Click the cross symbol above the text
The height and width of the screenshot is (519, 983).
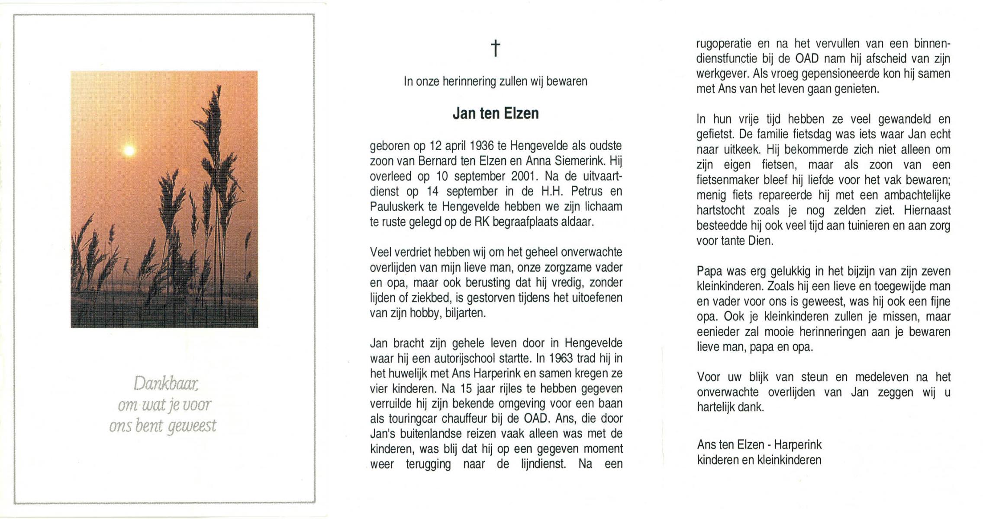coord(496,48)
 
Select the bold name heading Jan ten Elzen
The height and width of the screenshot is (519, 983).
coord(496,113)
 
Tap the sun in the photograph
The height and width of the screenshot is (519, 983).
coord(129,150)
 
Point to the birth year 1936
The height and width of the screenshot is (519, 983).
coord(482,146)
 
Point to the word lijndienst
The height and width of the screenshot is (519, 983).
coord(543,465)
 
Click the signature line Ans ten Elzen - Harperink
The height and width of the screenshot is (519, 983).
coord(759,445)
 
